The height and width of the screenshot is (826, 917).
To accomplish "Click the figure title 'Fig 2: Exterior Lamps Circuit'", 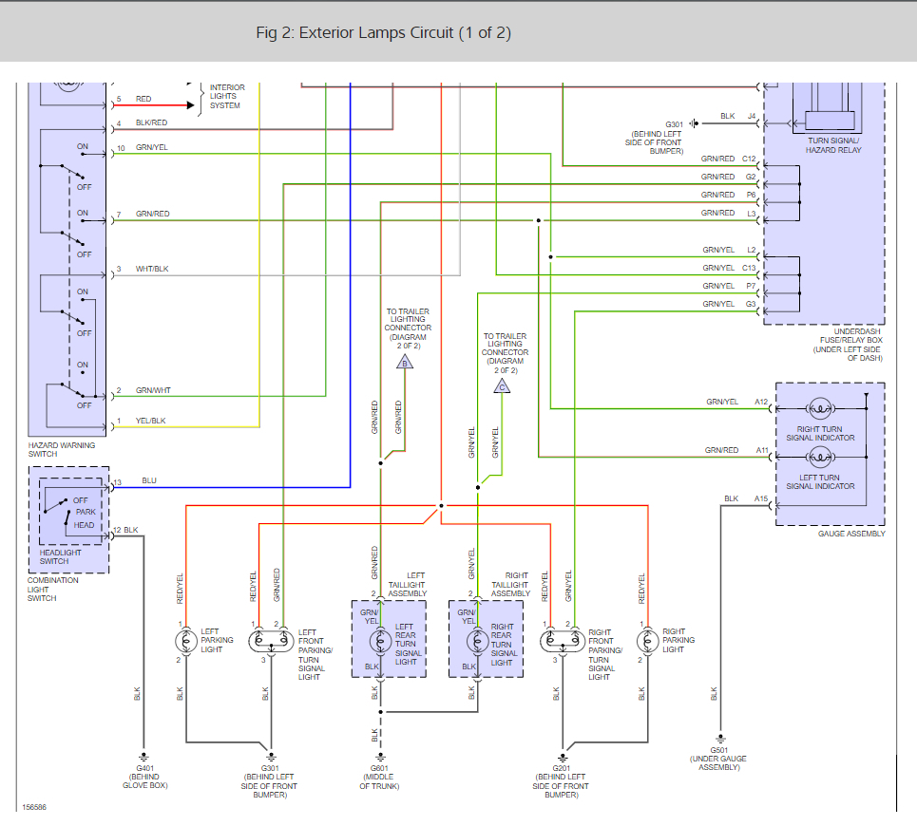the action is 355,32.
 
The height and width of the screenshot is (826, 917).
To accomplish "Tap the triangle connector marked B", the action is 405,363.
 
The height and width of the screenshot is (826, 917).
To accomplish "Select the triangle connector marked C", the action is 502,386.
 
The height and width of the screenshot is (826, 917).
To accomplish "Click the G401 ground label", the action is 145,768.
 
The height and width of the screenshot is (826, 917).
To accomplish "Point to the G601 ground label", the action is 379,768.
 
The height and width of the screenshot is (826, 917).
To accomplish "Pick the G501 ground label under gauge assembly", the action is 719,750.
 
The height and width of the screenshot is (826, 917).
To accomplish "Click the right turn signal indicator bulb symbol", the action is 820,408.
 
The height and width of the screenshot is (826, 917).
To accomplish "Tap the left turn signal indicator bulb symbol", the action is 820,457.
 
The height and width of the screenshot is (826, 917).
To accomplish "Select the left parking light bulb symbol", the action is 186,642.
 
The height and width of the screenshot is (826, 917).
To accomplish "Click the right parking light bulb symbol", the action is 647,642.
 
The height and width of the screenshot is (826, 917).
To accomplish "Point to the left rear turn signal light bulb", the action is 381,642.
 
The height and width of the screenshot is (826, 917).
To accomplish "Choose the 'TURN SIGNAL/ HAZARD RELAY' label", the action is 833,145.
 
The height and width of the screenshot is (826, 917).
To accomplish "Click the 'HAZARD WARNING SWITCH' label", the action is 62,449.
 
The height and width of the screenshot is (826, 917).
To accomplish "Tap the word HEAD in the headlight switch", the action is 84,525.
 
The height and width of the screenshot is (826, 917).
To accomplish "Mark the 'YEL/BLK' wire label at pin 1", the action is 150,421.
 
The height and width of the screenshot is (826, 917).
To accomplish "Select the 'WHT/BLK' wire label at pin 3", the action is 152,269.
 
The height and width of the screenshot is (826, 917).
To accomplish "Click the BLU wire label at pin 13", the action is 149,480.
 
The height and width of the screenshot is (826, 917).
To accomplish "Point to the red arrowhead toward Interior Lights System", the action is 190,105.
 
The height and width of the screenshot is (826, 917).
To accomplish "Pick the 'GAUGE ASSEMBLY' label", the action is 851,534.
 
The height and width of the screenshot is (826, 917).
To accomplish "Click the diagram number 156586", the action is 34,807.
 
